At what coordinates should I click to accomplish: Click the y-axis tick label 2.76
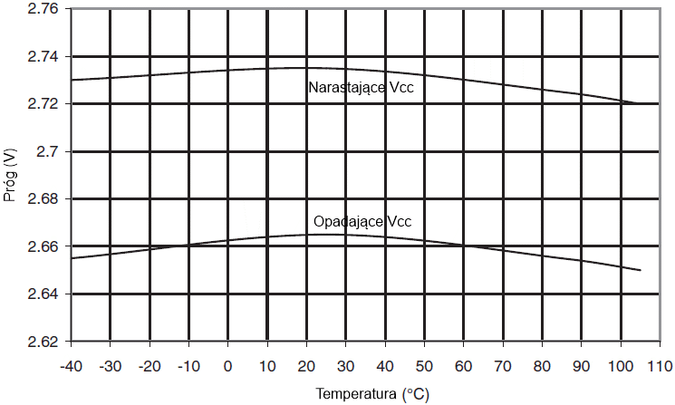[42, 9]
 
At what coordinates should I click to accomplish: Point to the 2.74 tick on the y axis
[42, 57]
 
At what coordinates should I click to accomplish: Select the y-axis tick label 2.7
[47, 151]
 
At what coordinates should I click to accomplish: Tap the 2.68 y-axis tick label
[42, 199]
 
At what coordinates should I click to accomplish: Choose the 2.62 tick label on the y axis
[42, 342]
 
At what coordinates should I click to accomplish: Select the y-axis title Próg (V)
[11, 176]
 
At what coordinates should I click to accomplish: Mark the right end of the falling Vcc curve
[641, 270]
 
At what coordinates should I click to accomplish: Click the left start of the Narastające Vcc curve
[71, 80]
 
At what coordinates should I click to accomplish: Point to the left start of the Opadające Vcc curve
[71, 258]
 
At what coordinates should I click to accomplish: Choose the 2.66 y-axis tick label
[42, 246]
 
